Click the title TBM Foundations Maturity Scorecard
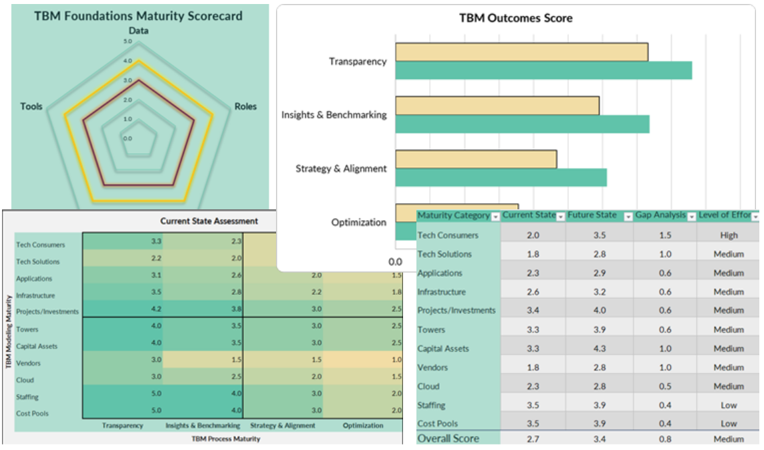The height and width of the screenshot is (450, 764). click(138, 15)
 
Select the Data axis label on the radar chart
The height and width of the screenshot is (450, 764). click(138, 31)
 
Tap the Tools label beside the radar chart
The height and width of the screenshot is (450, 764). click(31, 106)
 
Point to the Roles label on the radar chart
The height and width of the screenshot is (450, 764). click(245, 106)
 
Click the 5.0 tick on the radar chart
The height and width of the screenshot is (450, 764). click(128, 41)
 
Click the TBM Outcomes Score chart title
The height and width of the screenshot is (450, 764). click(515, 18)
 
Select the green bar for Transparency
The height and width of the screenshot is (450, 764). click(543, 70)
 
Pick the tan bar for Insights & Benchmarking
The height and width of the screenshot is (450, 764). click(497, 106)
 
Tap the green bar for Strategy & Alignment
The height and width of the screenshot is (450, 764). click(501, 177)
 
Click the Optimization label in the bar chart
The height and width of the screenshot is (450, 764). click(359, 222)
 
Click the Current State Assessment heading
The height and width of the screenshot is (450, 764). click(209, 221)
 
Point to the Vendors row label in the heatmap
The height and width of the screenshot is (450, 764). click(28, 363)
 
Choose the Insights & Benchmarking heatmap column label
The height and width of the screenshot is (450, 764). click(203, 425)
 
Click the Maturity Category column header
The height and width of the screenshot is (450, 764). click(453, 215)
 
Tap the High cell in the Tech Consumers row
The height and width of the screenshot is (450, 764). click(729, 235)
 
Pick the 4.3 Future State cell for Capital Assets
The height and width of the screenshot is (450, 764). click(598, 348)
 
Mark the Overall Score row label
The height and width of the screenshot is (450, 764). click(448, 439)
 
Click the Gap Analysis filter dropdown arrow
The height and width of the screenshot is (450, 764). click(691, 217)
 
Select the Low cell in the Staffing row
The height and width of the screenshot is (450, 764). click(729, 405)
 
